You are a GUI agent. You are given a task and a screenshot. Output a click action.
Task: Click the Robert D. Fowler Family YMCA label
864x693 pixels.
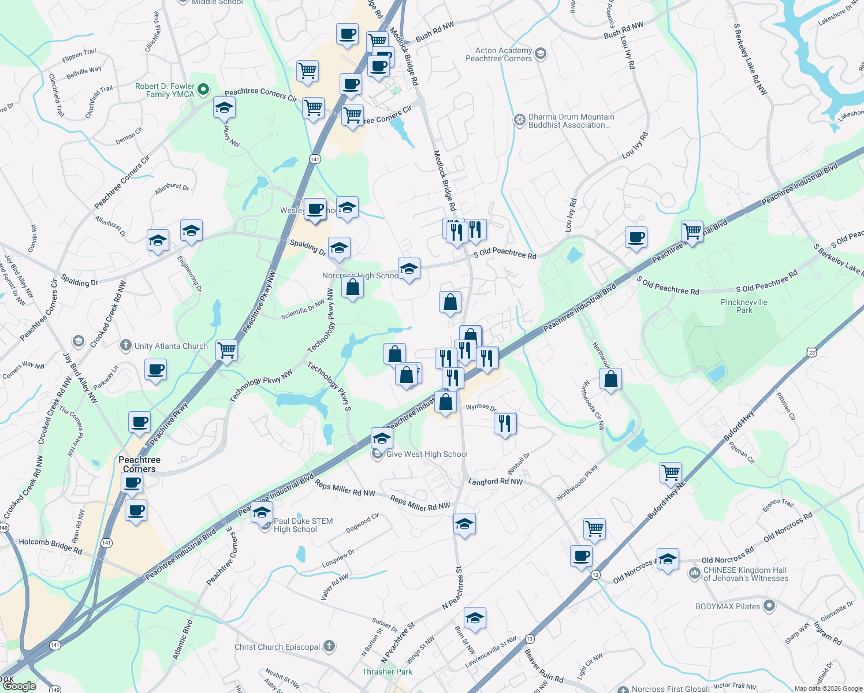165,90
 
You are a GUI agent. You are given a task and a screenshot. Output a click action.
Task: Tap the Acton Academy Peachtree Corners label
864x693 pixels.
499,55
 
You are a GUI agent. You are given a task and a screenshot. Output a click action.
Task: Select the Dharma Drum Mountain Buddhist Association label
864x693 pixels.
571,121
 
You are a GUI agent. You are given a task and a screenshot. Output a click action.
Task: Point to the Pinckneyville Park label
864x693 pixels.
744,306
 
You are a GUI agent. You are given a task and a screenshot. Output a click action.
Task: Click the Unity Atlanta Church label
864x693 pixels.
171,346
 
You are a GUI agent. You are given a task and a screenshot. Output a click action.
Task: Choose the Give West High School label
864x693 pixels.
427,454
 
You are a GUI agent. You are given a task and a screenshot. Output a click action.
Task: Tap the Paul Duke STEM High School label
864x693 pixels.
303,525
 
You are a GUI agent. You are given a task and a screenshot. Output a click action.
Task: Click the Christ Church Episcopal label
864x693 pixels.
277,647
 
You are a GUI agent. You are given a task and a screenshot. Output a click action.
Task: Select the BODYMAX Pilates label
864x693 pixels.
728,606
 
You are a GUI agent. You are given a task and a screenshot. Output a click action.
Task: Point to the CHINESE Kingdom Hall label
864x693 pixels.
745,574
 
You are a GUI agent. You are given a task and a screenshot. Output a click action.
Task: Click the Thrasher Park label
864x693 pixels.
387,672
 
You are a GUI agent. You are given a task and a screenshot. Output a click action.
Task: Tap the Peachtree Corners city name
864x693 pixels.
139,464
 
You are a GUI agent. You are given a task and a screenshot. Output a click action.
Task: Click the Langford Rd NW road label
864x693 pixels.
495,482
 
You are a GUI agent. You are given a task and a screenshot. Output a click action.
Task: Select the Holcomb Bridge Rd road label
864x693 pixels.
50,546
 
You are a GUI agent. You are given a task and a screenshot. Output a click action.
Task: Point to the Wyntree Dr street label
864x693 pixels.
481,407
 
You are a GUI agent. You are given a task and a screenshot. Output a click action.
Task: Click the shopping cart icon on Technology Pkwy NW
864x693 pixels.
226,350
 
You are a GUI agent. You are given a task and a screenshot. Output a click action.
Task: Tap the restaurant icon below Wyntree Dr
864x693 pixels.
505,423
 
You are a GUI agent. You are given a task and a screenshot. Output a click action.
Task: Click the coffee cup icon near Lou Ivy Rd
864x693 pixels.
636,237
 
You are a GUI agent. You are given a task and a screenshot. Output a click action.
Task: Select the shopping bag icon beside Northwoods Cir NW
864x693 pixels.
610,379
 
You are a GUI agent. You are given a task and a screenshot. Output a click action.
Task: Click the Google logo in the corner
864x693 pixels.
19,686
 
